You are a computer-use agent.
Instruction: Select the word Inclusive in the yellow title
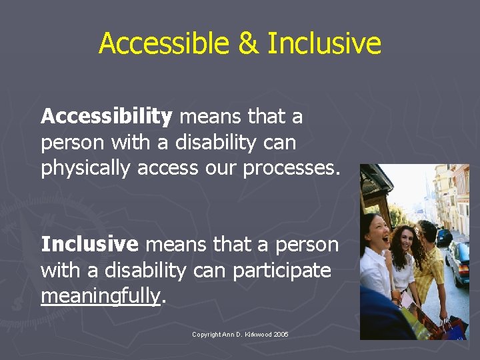point(324,44)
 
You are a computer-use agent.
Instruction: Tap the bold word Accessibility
point(107,117)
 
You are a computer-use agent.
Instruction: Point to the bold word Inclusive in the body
point(89,245)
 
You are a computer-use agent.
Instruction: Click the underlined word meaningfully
point(101,296)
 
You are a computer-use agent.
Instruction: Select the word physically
point(86,169)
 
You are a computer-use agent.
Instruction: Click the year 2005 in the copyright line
point(281,335)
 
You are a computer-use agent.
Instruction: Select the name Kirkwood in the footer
point(257,335)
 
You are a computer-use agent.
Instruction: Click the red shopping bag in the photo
point(454,327)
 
